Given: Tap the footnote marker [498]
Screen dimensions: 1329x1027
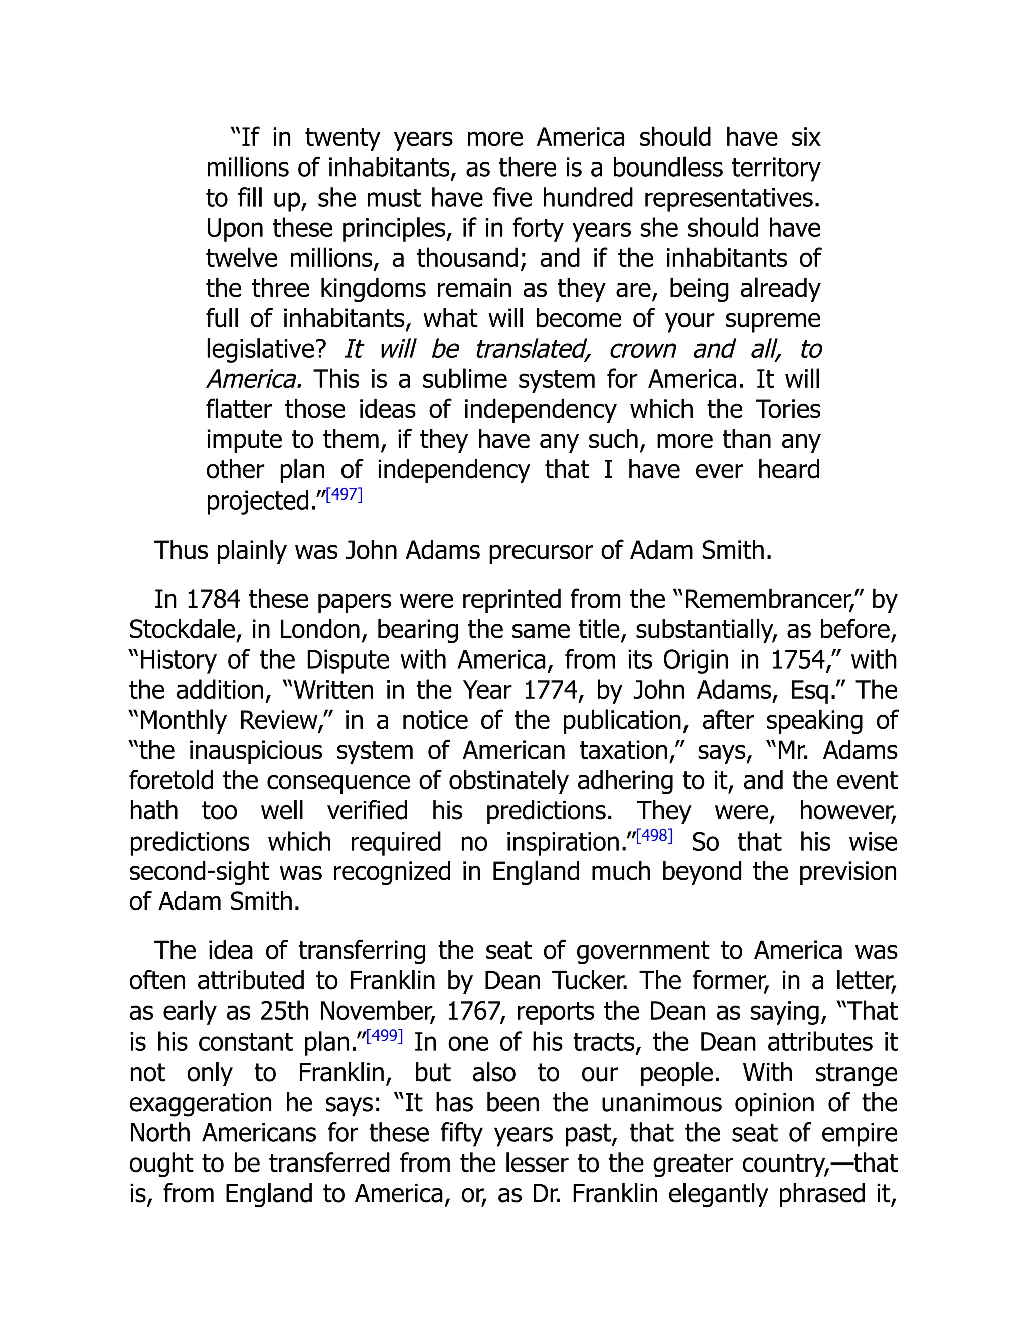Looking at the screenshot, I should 654,836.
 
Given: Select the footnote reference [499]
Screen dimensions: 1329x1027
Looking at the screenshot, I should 385,1036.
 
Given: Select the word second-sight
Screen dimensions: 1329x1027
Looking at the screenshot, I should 199,872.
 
